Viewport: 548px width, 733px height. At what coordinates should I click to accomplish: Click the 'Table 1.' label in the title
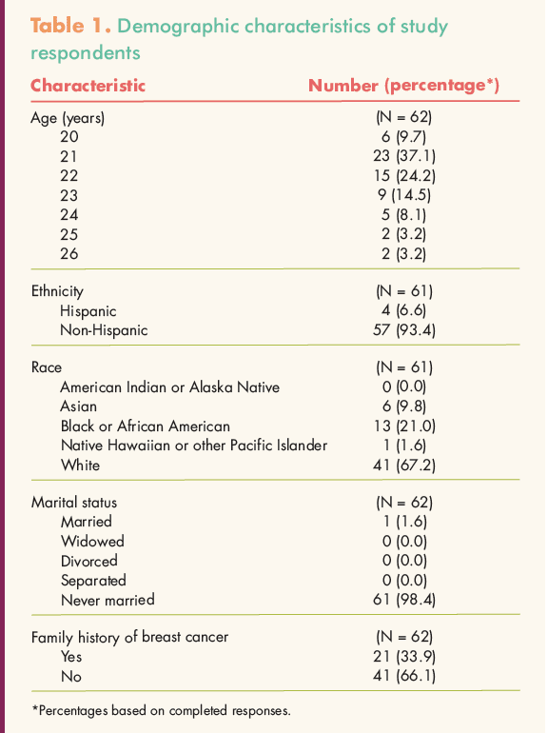pos(70,26)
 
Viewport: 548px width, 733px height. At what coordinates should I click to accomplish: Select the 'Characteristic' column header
pos(88,86)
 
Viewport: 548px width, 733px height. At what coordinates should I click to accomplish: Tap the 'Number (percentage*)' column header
pos(403,86)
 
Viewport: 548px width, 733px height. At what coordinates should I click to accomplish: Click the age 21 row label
pos(68,156)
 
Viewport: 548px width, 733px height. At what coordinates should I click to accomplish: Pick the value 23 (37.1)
pos(404,156)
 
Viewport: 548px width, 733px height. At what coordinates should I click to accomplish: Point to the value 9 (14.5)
pos(404,195)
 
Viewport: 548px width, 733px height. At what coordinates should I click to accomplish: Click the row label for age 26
pos(68,254)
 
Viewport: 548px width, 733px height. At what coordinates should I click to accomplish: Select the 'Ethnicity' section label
pos(57,291)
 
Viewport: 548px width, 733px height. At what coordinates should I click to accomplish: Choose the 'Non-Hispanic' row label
pos(104,330)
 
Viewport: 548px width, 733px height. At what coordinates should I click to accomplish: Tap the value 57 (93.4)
pos(404,330)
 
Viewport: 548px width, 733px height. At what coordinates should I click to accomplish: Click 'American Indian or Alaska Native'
pos(170,387)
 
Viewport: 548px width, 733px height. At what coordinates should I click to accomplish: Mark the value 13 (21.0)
pos(404,426)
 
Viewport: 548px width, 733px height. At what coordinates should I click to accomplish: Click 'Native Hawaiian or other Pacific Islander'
pos(194,446)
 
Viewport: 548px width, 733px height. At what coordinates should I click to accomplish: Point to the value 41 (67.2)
pos(404,466)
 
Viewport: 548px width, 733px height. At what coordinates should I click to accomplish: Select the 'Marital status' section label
pos(74,503)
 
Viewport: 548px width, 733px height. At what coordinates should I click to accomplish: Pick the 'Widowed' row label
pos(92,542)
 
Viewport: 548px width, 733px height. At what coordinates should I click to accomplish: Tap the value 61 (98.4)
pos(404,600)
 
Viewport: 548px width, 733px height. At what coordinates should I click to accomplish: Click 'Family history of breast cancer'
pos(130,638)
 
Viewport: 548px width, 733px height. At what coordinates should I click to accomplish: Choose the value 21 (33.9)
pos(404,657)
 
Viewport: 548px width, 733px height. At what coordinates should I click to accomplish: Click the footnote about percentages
pos(161,711)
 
